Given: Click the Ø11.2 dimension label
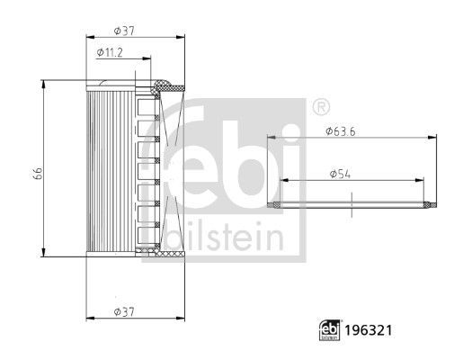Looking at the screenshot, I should click(x=111, y=54).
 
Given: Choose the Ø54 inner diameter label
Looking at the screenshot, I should click(x=340, y=172).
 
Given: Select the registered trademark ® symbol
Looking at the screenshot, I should click(x=320, y=108).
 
